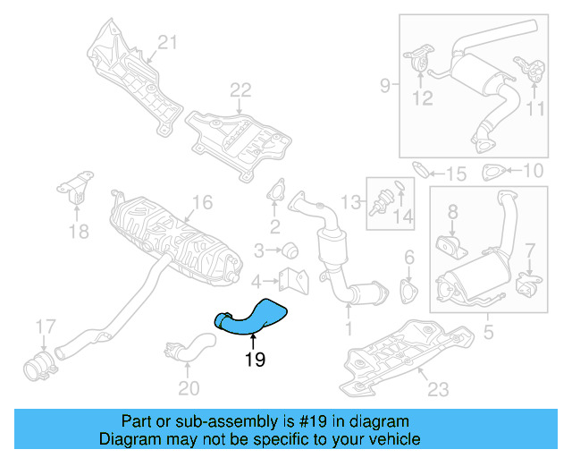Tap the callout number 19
click(254, 360)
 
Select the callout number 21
click(169, 41)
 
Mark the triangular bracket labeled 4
click(290, 279)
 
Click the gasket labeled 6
click(408, 292)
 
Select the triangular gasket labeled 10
click(492, 172)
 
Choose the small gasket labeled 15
click(423, 169)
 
